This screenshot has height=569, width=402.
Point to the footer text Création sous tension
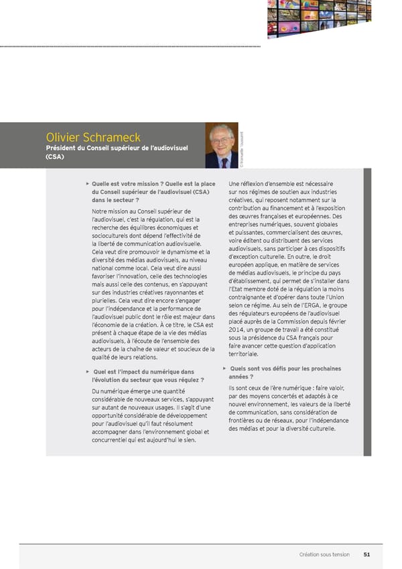pos(324,554)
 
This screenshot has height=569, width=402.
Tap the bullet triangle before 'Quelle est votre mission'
pos(86,183)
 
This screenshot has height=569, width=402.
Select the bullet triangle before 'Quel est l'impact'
pos(86,371)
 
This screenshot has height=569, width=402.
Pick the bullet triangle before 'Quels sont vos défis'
pos(223,368)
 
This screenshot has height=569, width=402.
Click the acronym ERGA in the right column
pos(311,305)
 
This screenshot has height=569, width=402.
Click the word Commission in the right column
pos(302,321)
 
